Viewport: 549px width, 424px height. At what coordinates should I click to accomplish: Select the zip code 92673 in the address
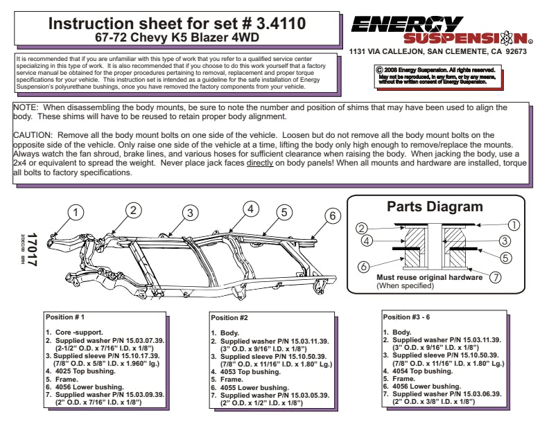513,52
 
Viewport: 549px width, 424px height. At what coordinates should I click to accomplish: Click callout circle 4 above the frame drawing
251,208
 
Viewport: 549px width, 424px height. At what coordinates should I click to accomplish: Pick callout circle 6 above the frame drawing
332,215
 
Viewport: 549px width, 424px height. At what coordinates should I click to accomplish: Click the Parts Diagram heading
435,206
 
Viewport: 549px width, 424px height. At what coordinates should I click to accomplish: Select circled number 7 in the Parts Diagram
495,277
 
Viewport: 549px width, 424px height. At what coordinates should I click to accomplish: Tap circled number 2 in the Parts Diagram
361,229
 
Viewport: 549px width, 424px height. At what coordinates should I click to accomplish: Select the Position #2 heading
229,317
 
